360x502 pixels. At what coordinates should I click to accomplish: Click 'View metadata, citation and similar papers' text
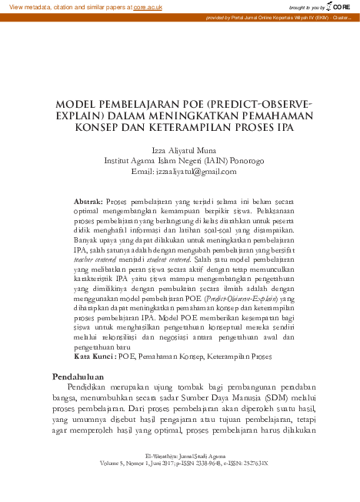click(x=66, y=6)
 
